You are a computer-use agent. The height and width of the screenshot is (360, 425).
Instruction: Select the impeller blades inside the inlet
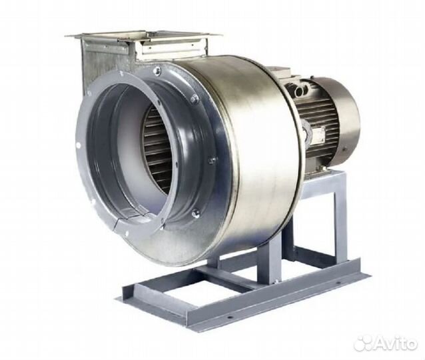[157, 147]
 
